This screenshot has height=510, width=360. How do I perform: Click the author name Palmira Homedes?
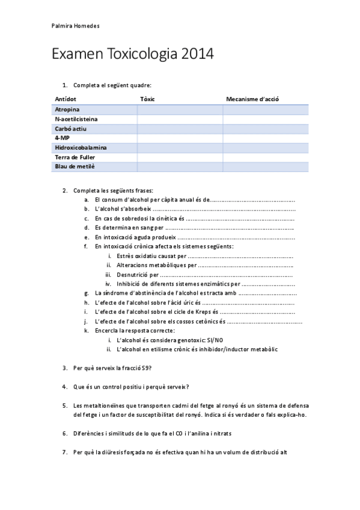tap(75, 26)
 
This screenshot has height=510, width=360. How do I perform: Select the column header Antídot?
tap(66, 98)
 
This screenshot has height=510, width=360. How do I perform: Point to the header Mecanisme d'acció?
tap(252, 98)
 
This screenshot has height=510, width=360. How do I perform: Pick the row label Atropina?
tap(67, 109)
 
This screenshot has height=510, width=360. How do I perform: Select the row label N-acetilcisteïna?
tap(76, 119)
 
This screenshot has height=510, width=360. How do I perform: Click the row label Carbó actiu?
tap(71, 129)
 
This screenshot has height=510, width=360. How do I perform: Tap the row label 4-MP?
tap(62, 138)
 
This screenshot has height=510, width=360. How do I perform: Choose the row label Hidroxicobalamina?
tap(81, 147)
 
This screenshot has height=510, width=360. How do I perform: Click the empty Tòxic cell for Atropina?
tap(180, 109)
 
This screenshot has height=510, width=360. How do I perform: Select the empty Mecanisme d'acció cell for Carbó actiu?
tap(265, 129)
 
